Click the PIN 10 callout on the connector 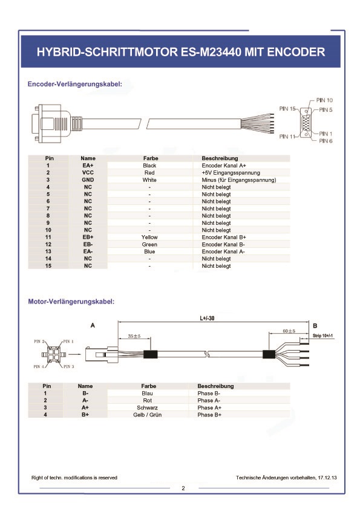coord(324,100)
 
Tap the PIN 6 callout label coord(326,141)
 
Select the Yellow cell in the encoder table coord(149,238)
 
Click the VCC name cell coord(88,173)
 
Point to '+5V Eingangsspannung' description coord(231,173)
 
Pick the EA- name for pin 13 coord(88,251)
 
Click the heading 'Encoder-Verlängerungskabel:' coord(75,84)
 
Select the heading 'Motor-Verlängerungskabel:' coord(71,302)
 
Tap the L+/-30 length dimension coord(207,318)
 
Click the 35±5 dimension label coord(134,336)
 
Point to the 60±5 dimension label coord(289,331)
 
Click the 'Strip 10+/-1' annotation coord(322,336)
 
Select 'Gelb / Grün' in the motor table coord(147,415)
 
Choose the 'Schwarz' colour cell coord(147,407)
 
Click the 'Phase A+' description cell coord(209,407)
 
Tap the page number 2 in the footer coord(183,488)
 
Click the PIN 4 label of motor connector coord(38,366)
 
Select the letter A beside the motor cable coord(93,325)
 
